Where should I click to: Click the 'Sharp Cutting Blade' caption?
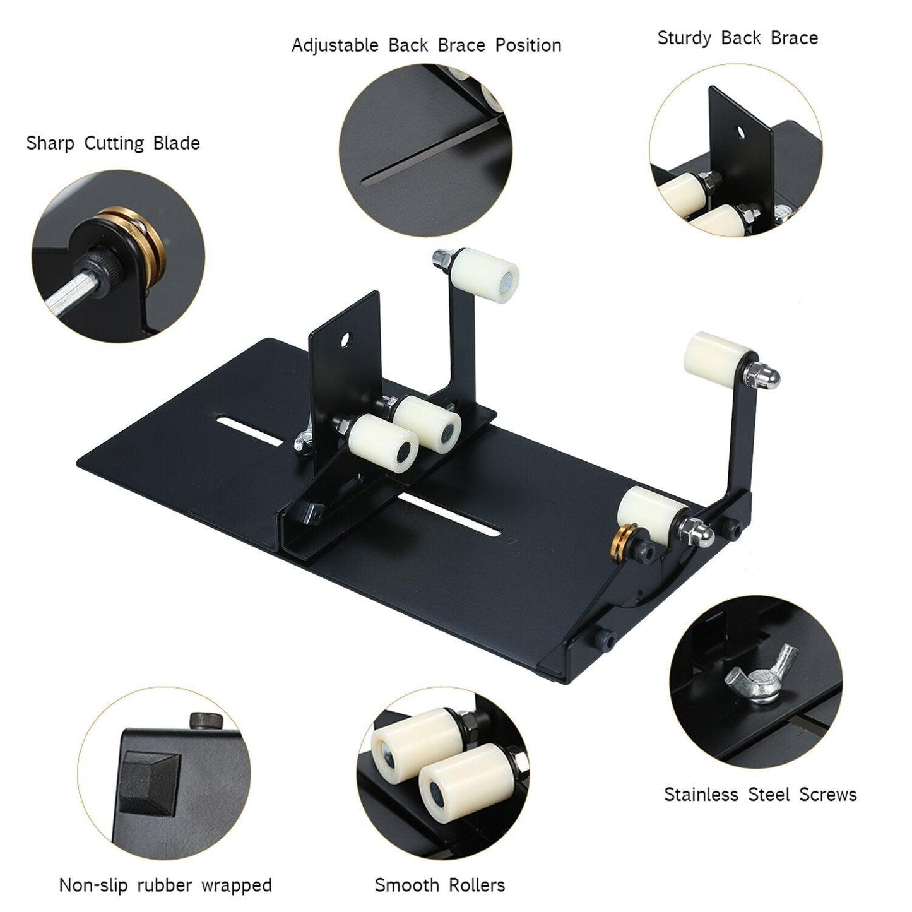[113, 143]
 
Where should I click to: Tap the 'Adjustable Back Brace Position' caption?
[426, 45]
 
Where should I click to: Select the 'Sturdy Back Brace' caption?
[737, 38]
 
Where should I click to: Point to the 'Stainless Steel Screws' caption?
[760, 794]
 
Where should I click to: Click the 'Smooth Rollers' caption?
[440, 885]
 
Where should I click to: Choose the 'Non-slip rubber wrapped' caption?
[165, 885]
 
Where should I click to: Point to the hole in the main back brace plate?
[346, 340]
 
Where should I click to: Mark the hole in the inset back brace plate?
[740, 132]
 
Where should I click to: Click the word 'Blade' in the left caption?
[176, 143]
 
